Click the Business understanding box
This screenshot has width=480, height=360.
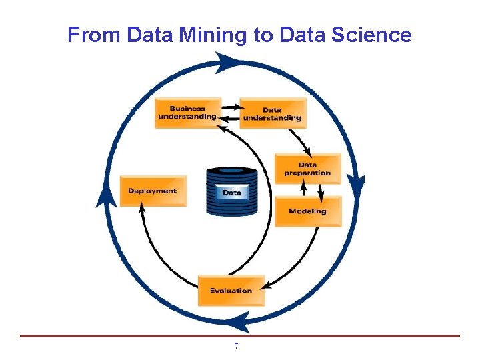pyautogui.click(x=187, y=113)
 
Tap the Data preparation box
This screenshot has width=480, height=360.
pyautogui.click(x=307, y=169)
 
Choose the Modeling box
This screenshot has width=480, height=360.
pyautogui.click(x=307, y=211)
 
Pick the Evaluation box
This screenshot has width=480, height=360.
pyautogui.click(x=231, y=290)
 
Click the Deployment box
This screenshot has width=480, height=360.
pyautogui.click(x=153, y=191)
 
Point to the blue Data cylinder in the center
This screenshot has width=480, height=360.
pyautogui.click(x=231, y=192)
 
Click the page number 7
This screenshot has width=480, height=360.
pyautogui.click(x=236, y=347)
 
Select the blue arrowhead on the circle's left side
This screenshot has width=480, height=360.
pyautogui.click(x=105, y=197)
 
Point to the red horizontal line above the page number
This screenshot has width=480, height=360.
pyautogui.click(x=240, y=335)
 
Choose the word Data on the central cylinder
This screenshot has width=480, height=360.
pyautogui.click(x=231, y=193)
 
